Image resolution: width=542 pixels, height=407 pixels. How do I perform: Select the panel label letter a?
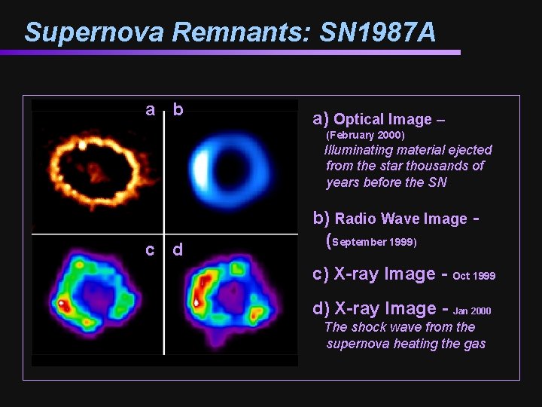pyautogui.click(x=151, y=110)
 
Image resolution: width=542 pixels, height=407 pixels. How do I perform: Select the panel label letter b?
pyautogui.click(x=178, y=110)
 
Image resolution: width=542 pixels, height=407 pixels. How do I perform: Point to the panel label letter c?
pyautogui.click(x=151, y=249)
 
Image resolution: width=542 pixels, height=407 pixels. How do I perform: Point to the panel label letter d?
pyautogui.click(x=178, y=249)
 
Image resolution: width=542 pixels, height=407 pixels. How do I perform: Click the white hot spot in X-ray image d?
pyautogui.click(x=197, y=301)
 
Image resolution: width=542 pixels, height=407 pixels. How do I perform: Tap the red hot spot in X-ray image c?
pyautogui.click(x=62, y=304)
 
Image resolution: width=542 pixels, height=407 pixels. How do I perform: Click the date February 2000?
pyautogui.click(x=365, y=136)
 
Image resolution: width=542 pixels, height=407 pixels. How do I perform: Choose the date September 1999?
pyautogui.click(x=374, y=242)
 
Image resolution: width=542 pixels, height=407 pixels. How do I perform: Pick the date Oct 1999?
pyautogui.click(x=474, y=276)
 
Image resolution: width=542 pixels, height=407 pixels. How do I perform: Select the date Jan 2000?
pyautogui.click(x=472, y=311)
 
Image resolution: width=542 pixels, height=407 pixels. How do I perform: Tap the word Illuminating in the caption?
pyautogui.click(x=357, y=150)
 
